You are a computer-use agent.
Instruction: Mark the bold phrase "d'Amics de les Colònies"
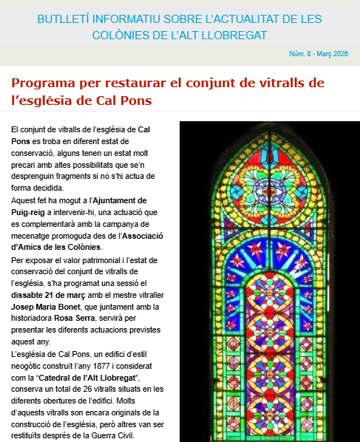[56, 247]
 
